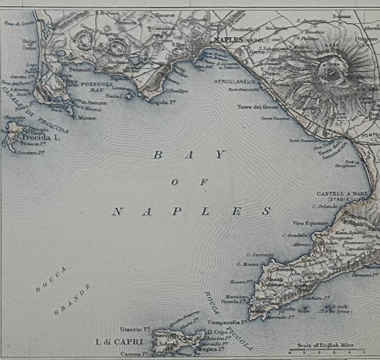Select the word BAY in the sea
click(x=189, y=155)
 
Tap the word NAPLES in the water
click(x=191, y=212)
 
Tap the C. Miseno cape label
click(x=84, y=118)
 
